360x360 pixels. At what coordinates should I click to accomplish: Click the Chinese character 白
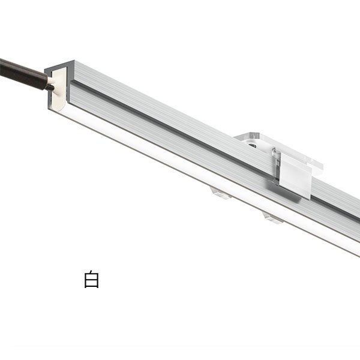[x=91, y=280]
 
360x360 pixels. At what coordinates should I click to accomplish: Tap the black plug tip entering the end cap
[x=49, y=86]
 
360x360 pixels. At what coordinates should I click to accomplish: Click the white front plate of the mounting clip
[x=296, y=177]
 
